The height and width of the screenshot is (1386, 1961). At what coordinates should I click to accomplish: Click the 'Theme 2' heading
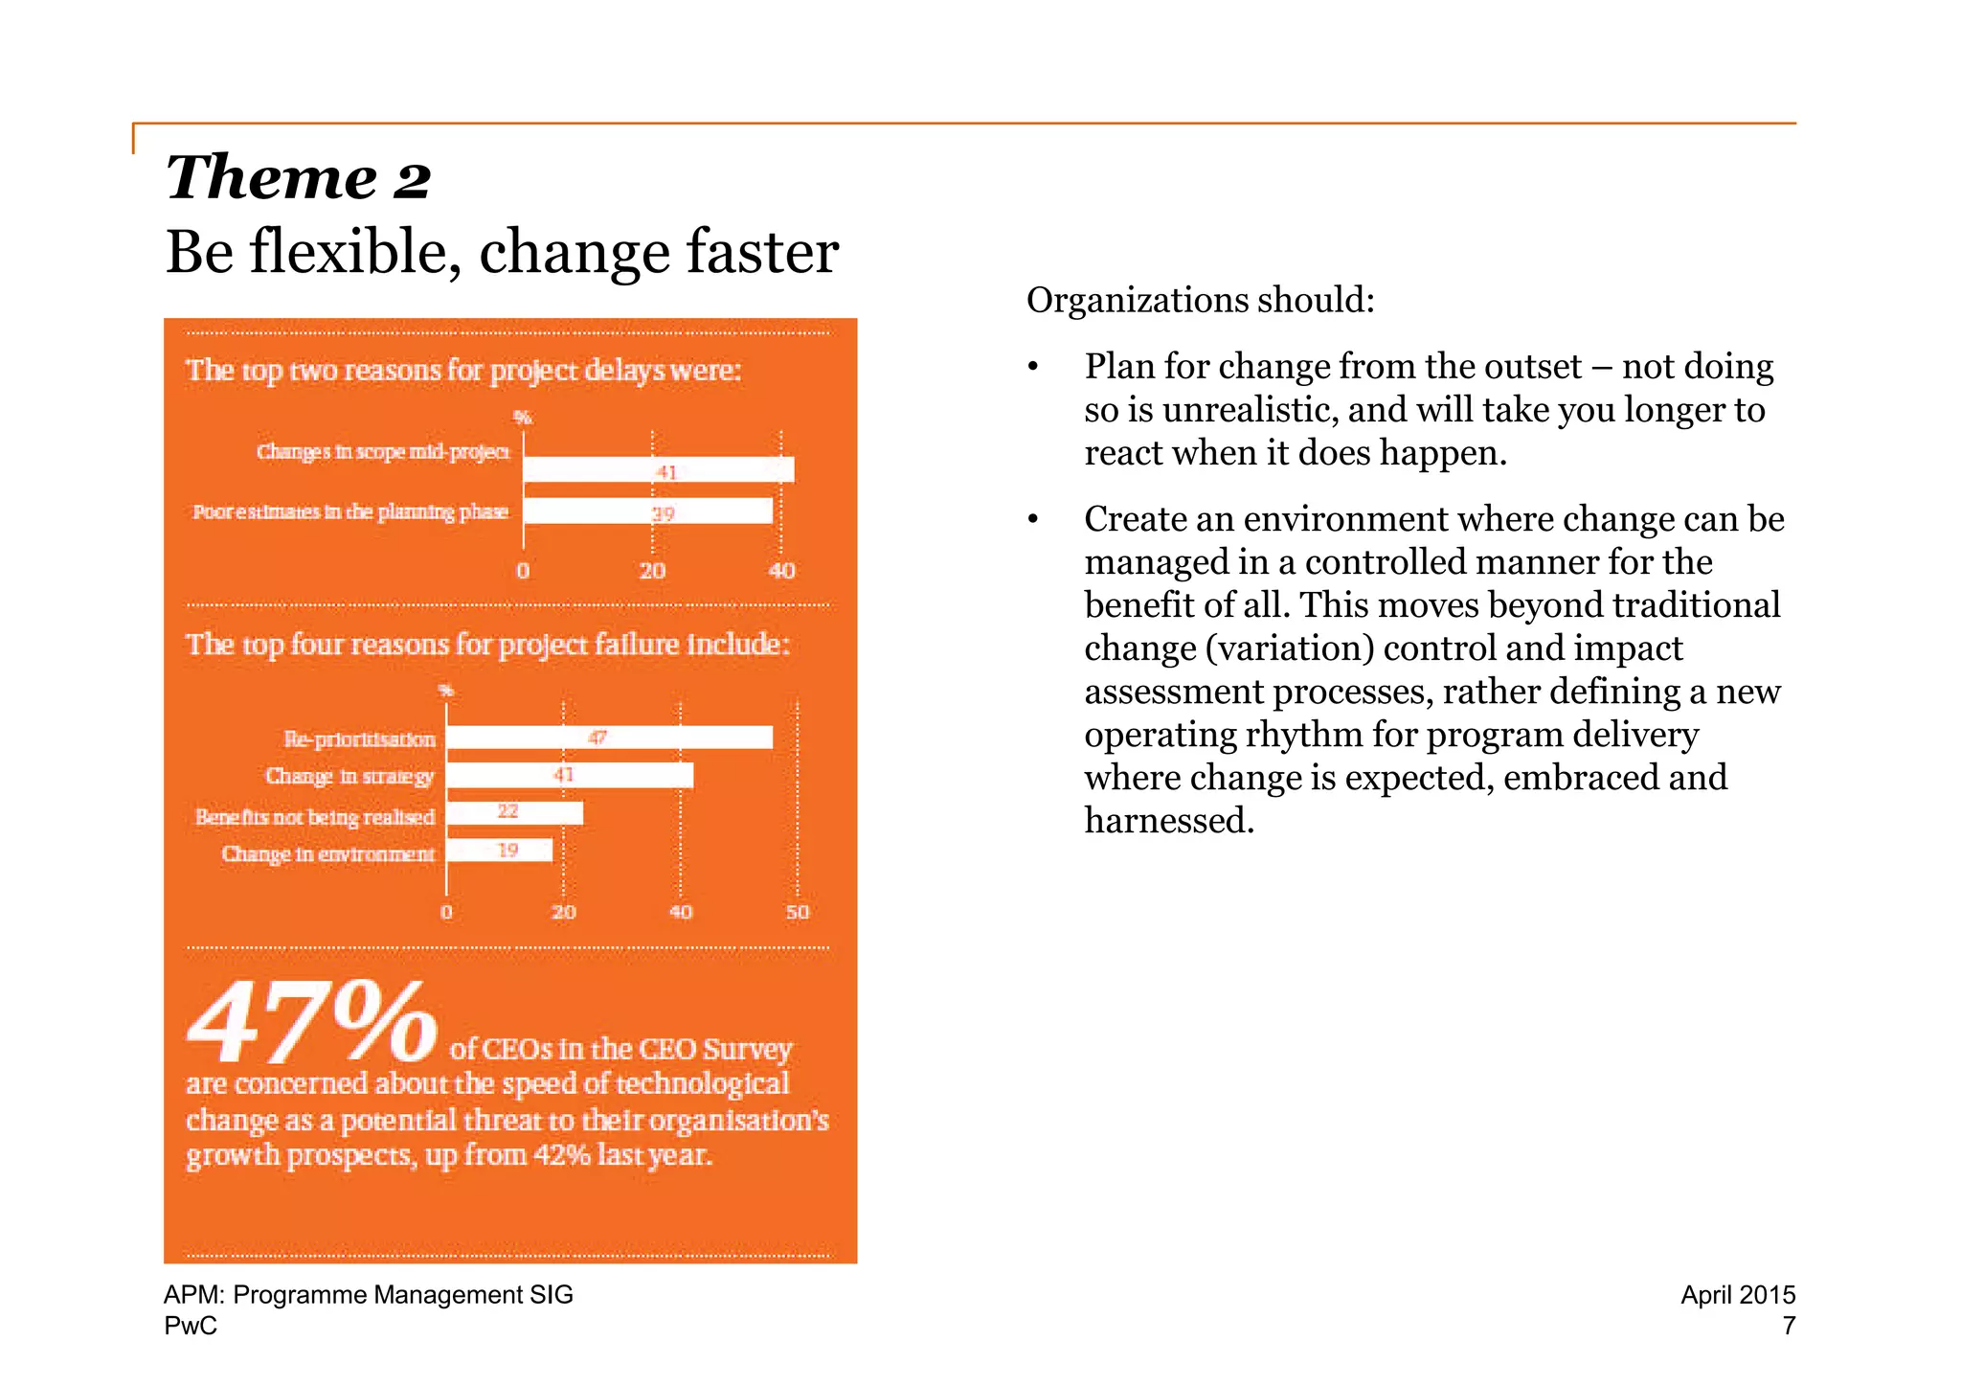(x=298, y=178)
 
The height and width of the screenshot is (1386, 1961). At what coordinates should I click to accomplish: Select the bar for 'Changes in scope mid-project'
(x=659, y=470)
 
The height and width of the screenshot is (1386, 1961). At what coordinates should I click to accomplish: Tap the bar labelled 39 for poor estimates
(x=647, y=511)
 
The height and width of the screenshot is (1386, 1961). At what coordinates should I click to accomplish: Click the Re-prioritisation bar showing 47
(x=609, y=738)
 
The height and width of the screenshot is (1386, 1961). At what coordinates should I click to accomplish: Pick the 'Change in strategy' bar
(x=570, y=775)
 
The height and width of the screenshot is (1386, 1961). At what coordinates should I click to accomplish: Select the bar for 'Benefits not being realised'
(x=514, y=812)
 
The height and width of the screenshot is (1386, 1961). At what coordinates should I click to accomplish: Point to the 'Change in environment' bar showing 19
(x=499, y=851)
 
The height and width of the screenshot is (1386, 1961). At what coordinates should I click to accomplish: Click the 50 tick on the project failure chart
(x=797, y=912)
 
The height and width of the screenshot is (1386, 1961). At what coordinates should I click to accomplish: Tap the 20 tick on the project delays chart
(x=652, y=571)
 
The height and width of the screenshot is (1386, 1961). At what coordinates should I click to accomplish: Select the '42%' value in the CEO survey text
(x=562, y=1155)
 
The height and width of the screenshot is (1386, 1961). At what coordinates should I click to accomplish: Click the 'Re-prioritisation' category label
(x=359, y=738)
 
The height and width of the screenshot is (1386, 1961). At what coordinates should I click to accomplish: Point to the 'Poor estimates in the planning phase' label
(x=350, y=511)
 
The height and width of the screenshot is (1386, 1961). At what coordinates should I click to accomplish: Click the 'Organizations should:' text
(x=1200, y=301)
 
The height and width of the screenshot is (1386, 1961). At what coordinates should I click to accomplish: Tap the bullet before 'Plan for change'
(x=1032, y=369)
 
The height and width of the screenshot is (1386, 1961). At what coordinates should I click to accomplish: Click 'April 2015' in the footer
(x=1737, y=1295)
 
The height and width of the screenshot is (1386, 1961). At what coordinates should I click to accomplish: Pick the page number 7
(x=1788, y=1326)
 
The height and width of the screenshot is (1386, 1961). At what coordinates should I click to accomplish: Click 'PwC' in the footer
(x=191, y=1326)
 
